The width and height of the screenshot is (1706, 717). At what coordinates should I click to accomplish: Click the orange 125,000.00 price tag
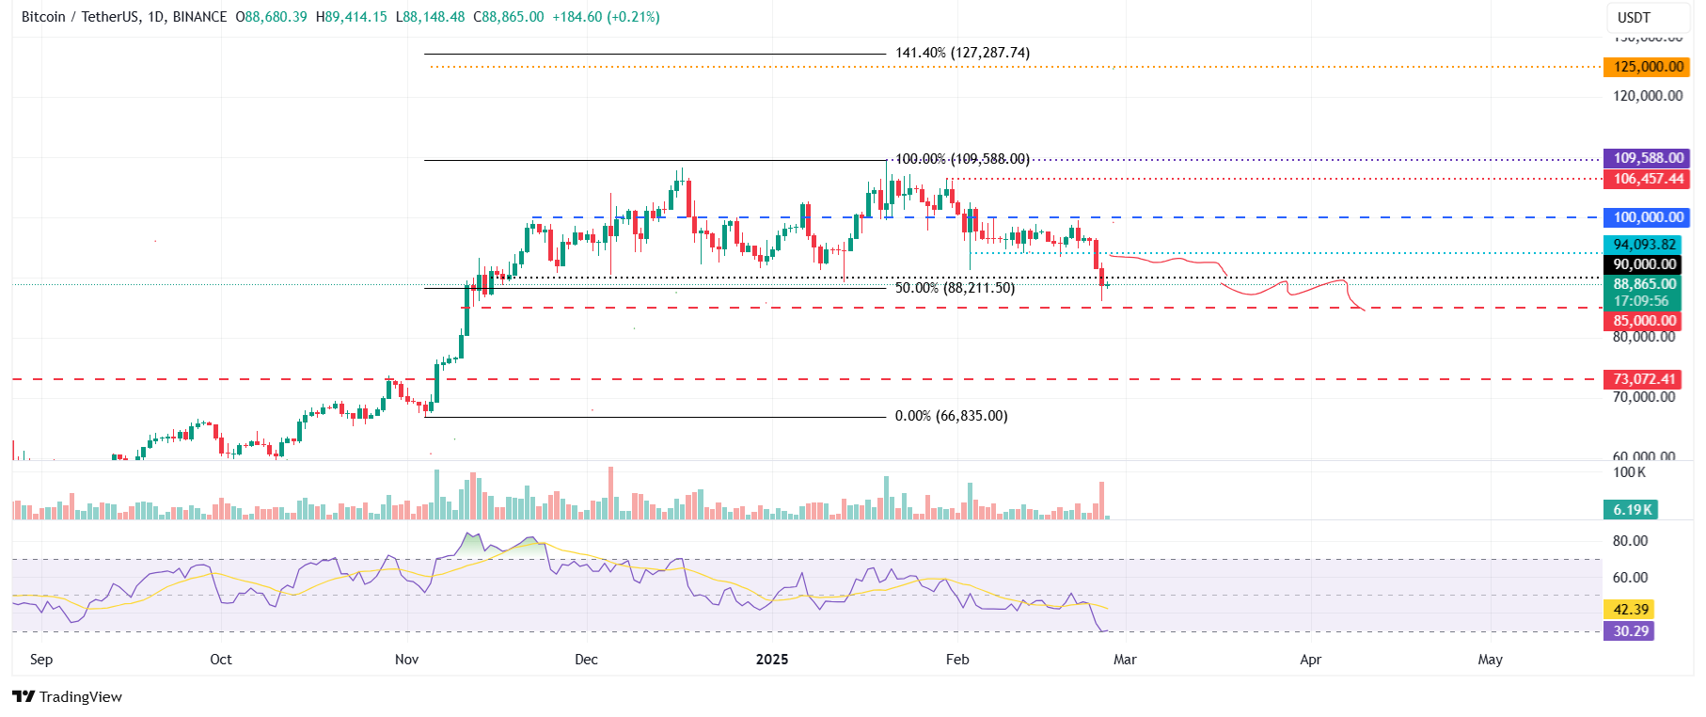(1649, 67)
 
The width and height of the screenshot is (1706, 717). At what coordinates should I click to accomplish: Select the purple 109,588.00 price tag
(1649, 158)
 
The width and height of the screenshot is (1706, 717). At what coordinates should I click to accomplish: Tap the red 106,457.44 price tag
(1649, 179)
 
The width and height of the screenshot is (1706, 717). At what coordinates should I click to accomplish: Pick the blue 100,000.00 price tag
(1649, 217)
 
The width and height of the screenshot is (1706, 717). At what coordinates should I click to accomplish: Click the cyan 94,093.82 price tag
(1644, 245)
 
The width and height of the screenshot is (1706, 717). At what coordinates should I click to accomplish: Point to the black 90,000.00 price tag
(1644, 264)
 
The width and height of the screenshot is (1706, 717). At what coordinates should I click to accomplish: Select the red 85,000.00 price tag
(1644, 321)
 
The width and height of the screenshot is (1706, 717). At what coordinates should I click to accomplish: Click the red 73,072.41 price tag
(1644, 379)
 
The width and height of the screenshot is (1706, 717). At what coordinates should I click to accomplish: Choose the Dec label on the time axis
(586, 660)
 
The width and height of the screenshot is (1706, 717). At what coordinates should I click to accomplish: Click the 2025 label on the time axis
(772, 660)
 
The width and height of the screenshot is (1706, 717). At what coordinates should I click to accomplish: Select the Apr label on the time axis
(1310, 660)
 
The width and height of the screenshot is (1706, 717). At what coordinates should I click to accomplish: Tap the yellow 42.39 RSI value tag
(1631, 610)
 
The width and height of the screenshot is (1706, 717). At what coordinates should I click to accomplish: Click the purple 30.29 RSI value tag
(1631, 631)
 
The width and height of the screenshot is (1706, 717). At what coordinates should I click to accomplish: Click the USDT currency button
(1634, 18)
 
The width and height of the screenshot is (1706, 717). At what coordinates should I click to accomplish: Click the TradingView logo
(68, 697)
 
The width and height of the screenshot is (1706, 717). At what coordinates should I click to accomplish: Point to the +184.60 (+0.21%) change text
(604, 17)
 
